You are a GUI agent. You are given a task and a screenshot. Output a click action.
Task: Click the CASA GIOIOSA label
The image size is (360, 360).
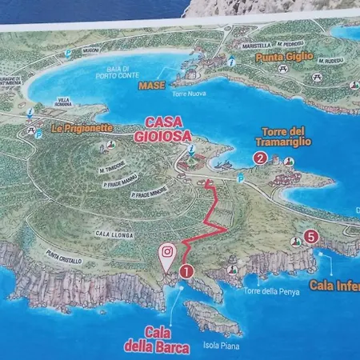tap(167, 130)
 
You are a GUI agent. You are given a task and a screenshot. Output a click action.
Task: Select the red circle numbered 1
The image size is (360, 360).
tap(186, 271)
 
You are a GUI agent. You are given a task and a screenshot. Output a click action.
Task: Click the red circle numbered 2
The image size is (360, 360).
tap(260, 158)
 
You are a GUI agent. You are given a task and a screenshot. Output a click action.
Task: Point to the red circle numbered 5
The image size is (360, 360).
tap(311, 236)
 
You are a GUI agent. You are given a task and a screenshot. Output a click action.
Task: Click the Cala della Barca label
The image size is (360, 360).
tap(156, 339)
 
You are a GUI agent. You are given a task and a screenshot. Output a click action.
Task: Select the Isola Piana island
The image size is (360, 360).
tap(214, 318)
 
